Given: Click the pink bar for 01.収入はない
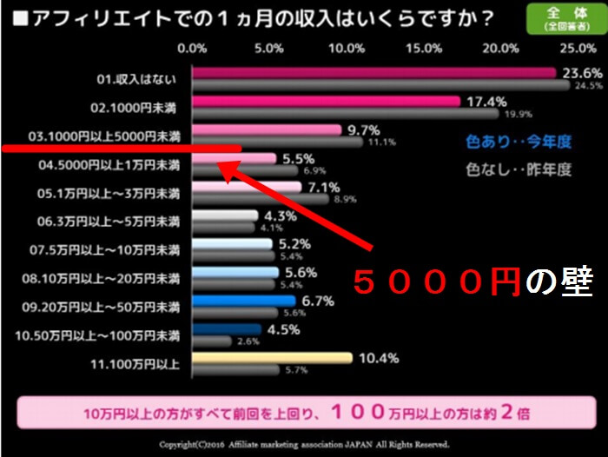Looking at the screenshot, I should click(373, 73).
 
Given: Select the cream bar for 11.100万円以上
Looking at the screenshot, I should click(272, 357).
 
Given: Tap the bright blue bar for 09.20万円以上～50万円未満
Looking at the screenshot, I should click(244, 301).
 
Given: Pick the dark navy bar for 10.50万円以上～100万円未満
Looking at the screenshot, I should click(227, 328).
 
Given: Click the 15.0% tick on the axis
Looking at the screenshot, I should click(423, 48).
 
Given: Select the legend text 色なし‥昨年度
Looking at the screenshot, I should click(519, 169).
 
